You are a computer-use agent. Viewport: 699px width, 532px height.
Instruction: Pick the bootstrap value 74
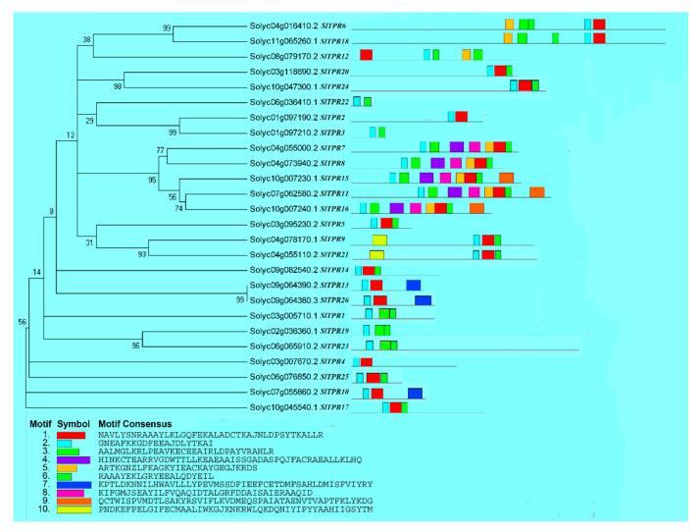point(178,208)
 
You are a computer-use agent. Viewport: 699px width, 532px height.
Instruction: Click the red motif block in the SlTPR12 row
point(367,55)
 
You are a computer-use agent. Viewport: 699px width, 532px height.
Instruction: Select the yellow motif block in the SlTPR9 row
point(379,239)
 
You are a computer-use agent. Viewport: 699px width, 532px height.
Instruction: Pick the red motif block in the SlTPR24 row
point(524,86)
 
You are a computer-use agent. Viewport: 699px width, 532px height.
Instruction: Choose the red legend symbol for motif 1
point(71,434)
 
